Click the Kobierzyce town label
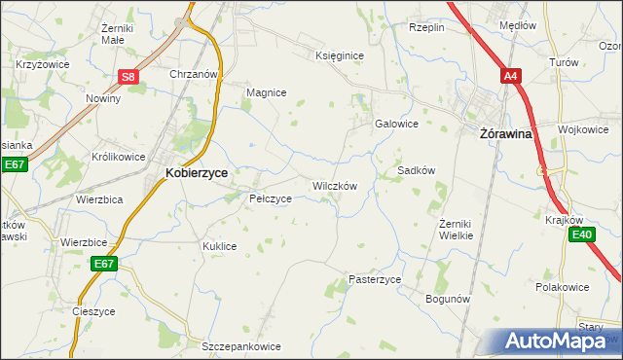197,172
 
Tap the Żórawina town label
506,135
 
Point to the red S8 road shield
129,77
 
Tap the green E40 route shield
583,234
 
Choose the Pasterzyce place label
375,279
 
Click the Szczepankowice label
240,346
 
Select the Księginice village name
340,55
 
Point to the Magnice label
266,92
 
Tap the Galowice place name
396,124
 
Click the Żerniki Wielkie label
456,230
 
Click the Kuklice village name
220,246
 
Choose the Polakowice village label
565,288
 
